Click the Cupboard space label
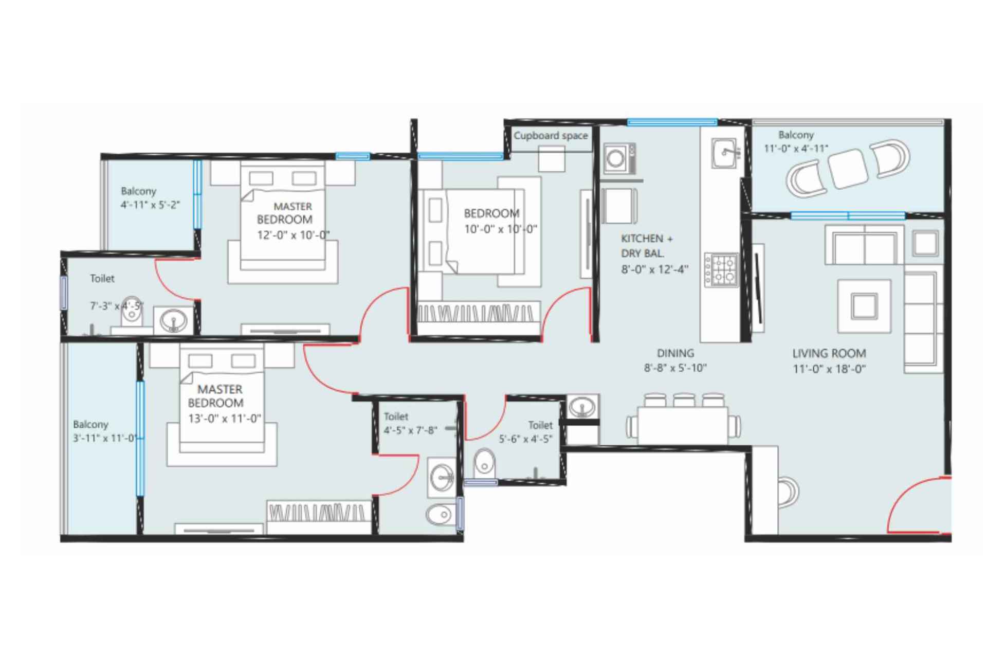tap(550, 136)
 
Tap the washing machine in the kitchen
tap(619, 158)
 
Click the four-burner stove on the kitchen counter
tap(721, 270)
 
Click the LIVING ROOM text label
tap(829, 354)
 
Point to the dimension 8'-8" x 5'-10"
tap(675, 368)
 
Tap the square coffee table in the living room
tap(864, 306)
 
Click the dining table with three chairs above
tap(683, 425)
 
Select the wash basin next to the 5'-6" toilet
tap(582, 407)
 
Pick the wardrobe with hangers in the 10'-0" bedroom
tap(479, 312)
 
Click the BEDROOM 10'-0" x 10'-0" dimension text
tap(500, 229)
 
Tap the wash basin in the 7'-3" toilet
tap(173, 321)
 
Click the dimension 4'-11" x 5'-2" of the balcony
tap(150, 205)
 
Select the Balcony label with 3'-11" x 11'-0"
tap(90, 424)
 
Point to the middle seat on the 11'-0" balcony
tap(848, 169)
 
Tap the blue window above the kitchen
tap(671, 122)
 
